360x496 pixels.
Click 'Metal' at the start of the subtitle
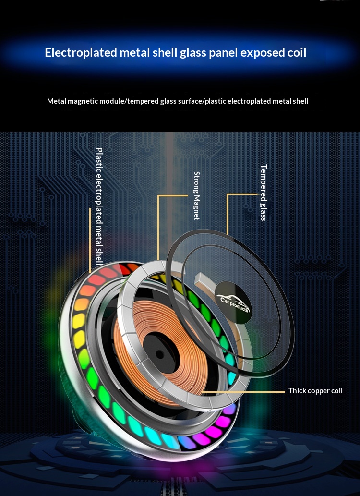tap(56, 101)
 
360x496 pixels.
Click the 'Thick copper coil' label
tap(315, 391)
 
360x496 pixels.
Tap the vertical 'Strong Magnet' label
tap(196, 195)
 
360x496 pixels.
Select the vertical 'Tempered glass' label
tap(263, 193)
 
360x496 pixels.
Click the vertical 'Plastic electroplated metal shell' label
tap(99, 206)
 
